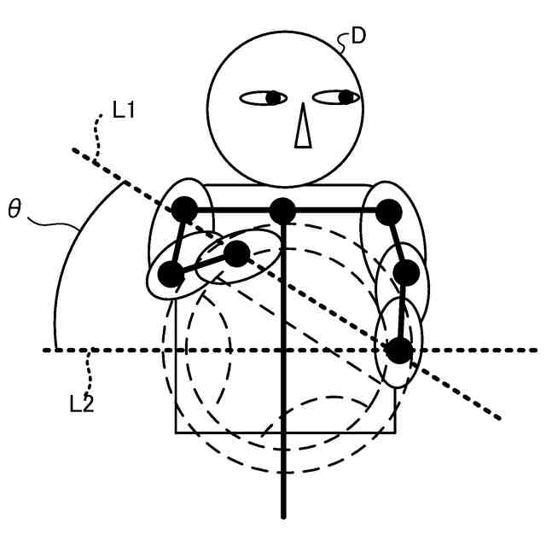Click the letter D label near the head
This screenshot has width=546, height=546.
click(x=359, y=38)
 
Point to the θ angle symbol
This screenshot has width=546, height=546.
click(x=15, y=209)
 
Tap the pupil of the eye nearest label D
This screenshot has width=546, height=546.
click(x=346, y=97)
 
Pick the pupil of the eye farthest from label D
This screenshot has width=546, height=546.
click(x=273, y=98)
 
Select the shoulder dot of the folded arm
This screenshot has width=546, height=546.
click(x=185, y=209)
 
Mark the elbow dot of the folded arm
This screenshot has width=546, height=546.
click(x=171, y=274)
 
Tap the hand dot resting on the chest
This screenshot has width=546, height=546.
click(x=237, y=253)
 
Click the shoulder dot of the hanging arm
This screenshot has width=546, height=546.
click(x=389, y=210)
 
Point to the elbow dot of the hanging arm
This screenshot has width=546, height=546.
click(x=406, y=273)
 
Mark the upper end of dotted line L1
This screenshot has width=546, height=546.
click(x=73, y=150)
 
